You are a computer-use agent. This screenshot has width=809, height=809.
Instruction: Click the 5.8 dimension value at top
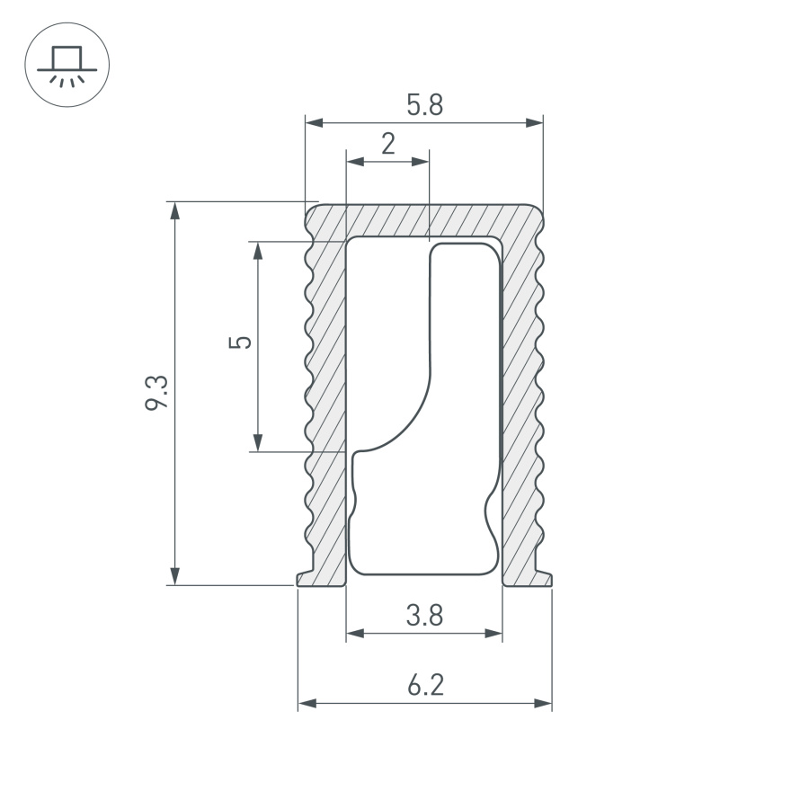click(424, 106)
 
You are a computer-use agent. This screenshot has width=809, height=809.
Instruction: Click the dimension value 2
click(387, 145)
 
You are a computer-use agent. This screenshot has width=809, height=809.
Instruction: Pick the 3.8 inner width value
click(423, 616)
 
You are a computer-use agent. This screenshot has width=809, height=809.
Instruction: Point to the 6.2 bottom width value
click(424, 686)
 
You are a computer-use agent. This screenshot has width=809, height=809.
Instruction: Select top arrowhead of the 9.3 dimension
click(175, 209)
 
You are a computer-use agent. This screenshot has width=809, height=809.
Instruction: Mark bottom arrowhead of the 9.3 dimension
click(175, 577)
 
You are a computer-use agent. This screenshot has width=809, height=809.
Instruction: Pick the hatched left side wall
click(328, 404)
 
